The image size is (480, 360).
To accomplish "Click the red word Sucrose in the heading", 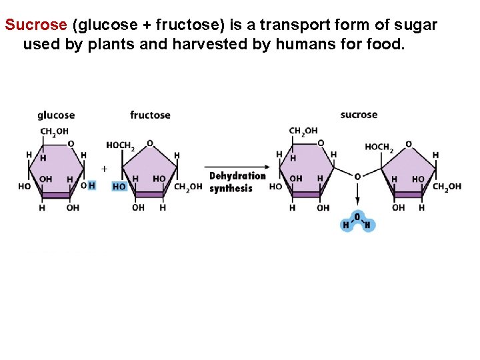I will (x=36, y=25).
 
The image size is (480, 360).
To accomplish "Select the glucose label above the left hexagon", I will (x=56, y=115).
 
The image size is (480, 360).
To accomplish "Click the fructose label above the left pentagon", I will (x=150, y=115).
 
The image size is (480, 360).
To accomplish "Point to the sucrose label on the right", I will (x=359, y=115).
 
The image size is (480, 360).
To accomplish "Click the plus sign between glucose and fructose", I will (x=104, y=169).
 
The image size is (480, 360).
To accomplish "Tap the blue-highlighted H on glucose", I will (x=92, y=185).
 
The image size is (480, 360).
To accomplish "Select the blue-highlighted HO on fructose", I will (x=119, y=187).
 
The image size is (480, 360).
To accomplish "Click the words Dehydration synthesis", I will (x=237, y=182).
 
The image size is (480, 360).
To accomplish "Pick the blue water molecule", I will (x=359, y=221).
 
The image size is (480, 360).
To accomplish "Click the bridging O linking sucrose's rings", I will (x=357, y=177).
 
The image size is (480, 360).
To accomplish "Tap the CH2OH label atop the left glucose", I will (x=55, y=131).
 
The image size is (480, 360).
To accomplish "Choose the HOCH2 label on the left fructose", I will (x=121, y=145).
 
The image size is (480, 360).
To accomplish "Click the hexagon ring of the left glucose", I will (x=56, y=170).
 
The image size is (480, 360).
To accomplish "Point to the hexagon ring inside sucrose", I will (x=306, y=170).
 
